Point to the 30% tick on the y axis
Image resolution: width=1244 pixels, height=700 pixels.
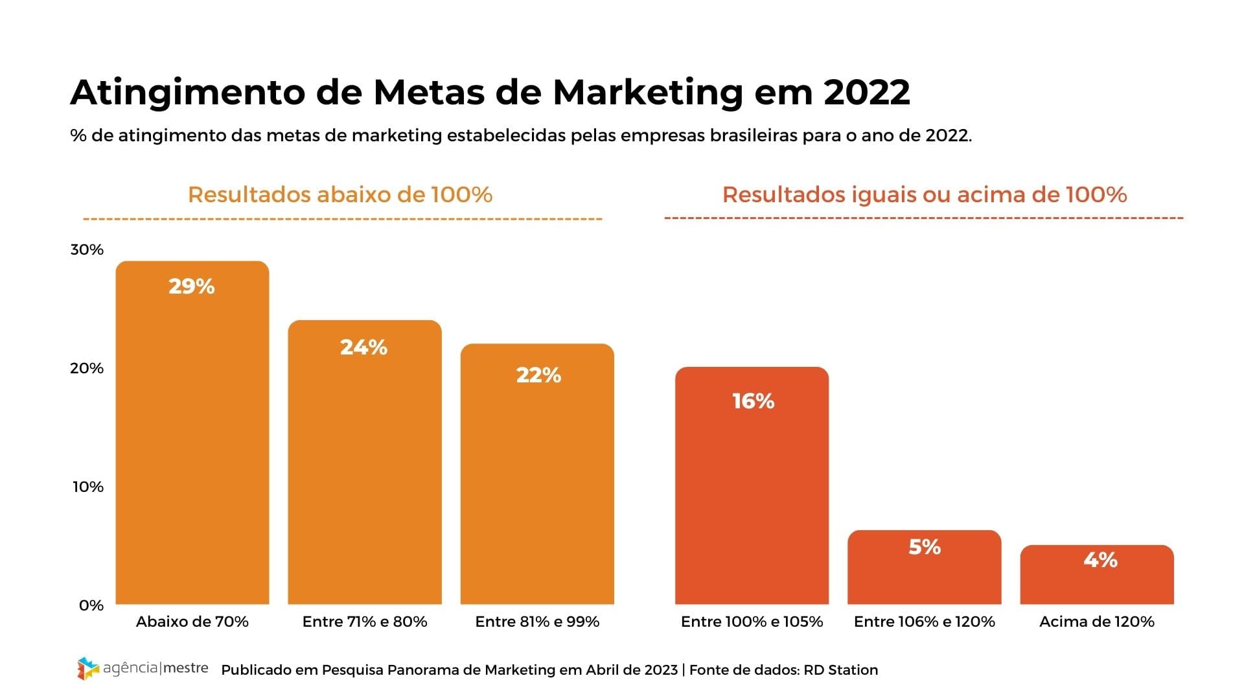coord(87,250)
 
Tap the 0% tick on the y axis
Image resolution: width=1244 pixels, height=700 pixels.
coord(91,605)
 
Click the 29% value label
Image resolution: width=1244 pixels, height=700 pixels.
coord(192,286)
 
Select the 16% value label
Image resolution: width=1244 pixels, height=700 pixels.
coord(753,401)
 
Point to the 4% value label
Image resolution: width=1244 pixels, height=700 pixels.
coord(1100,560)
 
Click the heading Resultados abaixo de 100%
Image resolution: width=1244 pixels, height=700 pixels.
coord(340,194)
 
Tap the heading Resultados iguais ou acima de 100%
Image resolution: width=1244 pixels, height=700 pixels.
coord(925,194)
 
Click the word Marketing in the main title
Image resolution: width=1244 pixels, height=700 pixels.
coord(647,93)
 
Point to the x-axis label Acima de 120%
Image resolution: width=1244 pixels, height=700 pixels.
coord(1097,622)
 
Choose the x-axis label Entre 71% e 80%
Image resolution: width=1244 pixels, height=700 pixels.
coord(365,622)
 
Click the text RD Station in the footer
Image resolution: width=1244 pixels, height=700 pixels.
coord(840,670)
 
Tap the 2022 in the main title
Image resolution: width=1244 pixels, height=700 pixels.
coord(866,93)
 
